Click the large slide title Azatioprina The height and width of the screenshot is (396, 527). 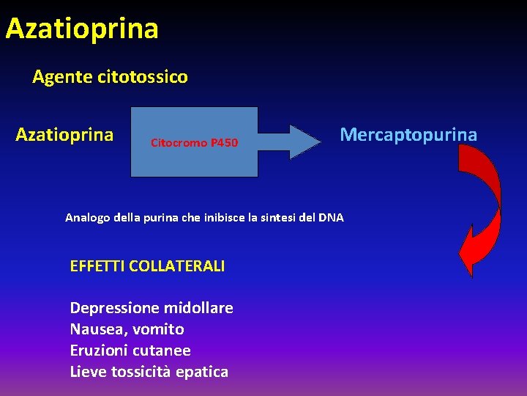(x=82, y=29)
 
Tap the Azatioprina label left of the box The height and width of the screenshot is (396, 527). (x=64, y=135)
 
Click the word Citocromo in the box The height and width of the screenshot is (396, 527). (x=179, y=142)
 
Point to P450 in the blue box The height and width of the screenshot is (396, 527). (x=224, y=142)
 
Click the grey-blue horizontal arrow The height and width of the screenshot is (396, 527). (x=290, y=142)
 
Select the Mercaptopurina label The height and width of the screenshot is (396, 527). (x=408, y=135)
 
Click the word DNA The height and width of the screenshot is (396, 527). (x=331, y=218)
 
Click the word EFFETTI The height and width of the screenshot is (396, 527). (x=97, y=266)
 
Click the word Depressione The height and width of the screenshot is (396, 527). (x=112, y=308)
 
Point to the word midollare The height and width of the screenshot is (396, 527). (x=195, y=308)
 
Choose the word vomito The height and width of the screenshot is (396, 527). (x=159, y=329)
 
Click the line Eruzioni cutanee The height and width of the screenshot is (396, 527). (x=130, y=351)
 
